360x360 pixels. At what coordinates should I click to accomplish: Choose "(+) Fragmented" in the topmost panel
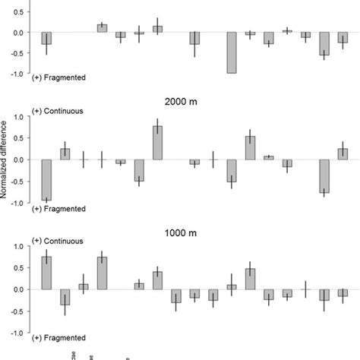[59, 77]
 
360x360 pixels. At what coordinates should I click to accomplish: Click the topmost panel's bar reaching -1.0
[232, 53]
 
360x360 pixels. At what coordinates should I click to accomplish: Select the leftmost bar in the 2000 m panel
[46, 179]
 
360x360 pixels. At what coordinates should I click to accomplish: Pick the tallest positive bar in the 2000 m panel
[157, 143]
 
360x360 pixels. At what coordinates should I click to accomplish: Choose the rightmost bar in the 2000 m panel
[343, 154]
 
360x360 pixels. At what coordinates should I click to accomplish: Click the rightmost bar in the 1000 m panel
[343, 292]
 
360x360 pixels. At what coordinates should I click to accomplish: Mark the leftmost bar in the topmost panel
[46, 39]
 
